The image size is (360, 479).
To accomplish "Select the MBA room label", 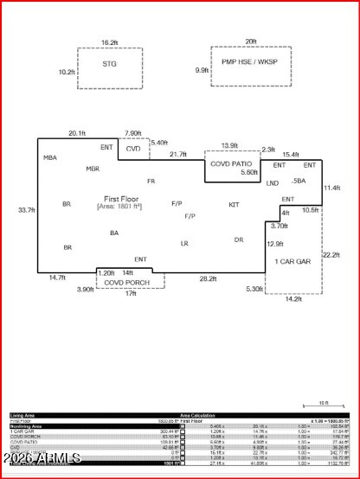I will (x=50, y=158).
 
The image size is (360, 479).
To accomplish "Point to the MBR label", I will (x=93, y=169).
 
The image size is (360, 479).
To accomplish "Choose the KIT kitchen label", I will (x=234, y=205).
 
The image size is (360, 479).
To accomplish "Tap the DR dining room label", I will (x=239, y=239).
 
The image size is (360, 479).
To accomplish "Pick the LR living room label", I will (x=184, y=244).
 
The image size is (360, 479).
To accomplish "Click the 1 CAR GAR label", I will (x=292, y=260).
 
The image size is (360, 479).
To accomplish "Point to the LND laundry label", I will (x=272, y=183).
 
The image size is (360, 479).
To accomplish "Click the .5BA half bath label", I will (x=299, y=181).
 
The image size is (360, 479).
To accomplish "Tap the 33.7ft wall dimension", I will (x=26, y=210).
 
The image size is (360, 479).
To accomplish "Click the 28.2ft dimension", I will (x=208, y=278).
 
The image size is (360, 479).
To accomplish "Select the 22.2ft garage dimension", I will (x=331, y=255).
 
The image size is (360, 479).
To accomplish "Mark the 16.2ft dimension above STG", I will (x=109, y=42).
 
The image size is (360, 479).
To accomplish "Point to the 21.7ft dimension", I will (x=178, y=154).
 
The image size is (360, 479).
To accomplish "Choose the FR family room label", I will (x=151, y=181).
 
